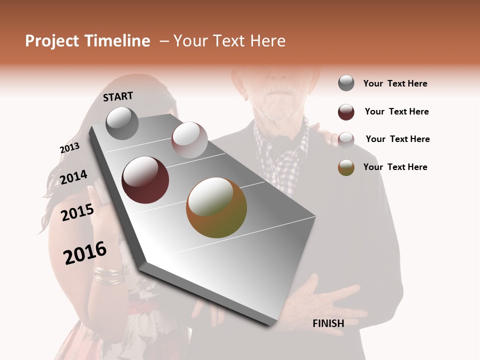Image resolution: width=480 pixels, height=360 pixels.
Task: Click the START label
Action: click(118, 96)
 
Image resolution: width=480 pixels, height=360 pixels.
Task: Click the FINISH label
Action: click(328, 323)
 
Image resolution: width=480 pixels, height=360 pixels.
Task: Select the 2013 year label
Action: click(69, 148)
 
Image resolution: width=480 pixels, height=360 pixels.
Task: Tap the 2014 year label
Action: click(73, 177)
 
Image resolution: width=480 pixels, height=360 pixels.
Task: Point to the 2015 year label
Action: click(77, 212)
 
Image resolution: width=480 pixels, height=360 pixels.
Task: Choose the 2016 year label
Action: click(85, 253)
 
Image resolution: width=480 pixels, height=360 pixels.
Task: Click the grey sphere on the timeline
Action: click(122, 123)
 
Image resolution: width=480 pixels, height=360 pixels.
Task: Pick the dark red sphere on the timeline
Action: click(145, 179)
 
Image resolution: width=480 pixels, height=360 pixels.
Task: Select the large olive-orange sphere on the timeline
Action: click(216, 207)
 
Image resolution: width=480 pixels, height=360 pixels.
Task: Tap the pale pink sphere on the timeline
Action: click(189, 139)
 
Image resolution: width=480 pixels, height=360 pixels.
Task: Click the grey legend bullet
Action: click(346, 83)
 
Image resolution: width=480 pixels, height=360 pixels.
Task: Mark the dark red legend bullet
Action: click(346, 112)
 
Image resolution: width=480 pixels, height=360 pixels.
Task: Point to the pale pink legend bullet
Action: click(346, 139)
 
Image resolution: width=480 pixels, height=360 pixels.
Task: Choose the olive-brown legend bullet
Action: click(346, 167)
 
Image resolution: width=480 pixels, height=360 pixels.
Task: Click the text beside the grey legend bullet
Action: click(395, 84)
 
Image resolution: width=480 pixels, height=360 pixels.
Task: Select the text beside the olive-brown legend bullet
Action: click(395, 167)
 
